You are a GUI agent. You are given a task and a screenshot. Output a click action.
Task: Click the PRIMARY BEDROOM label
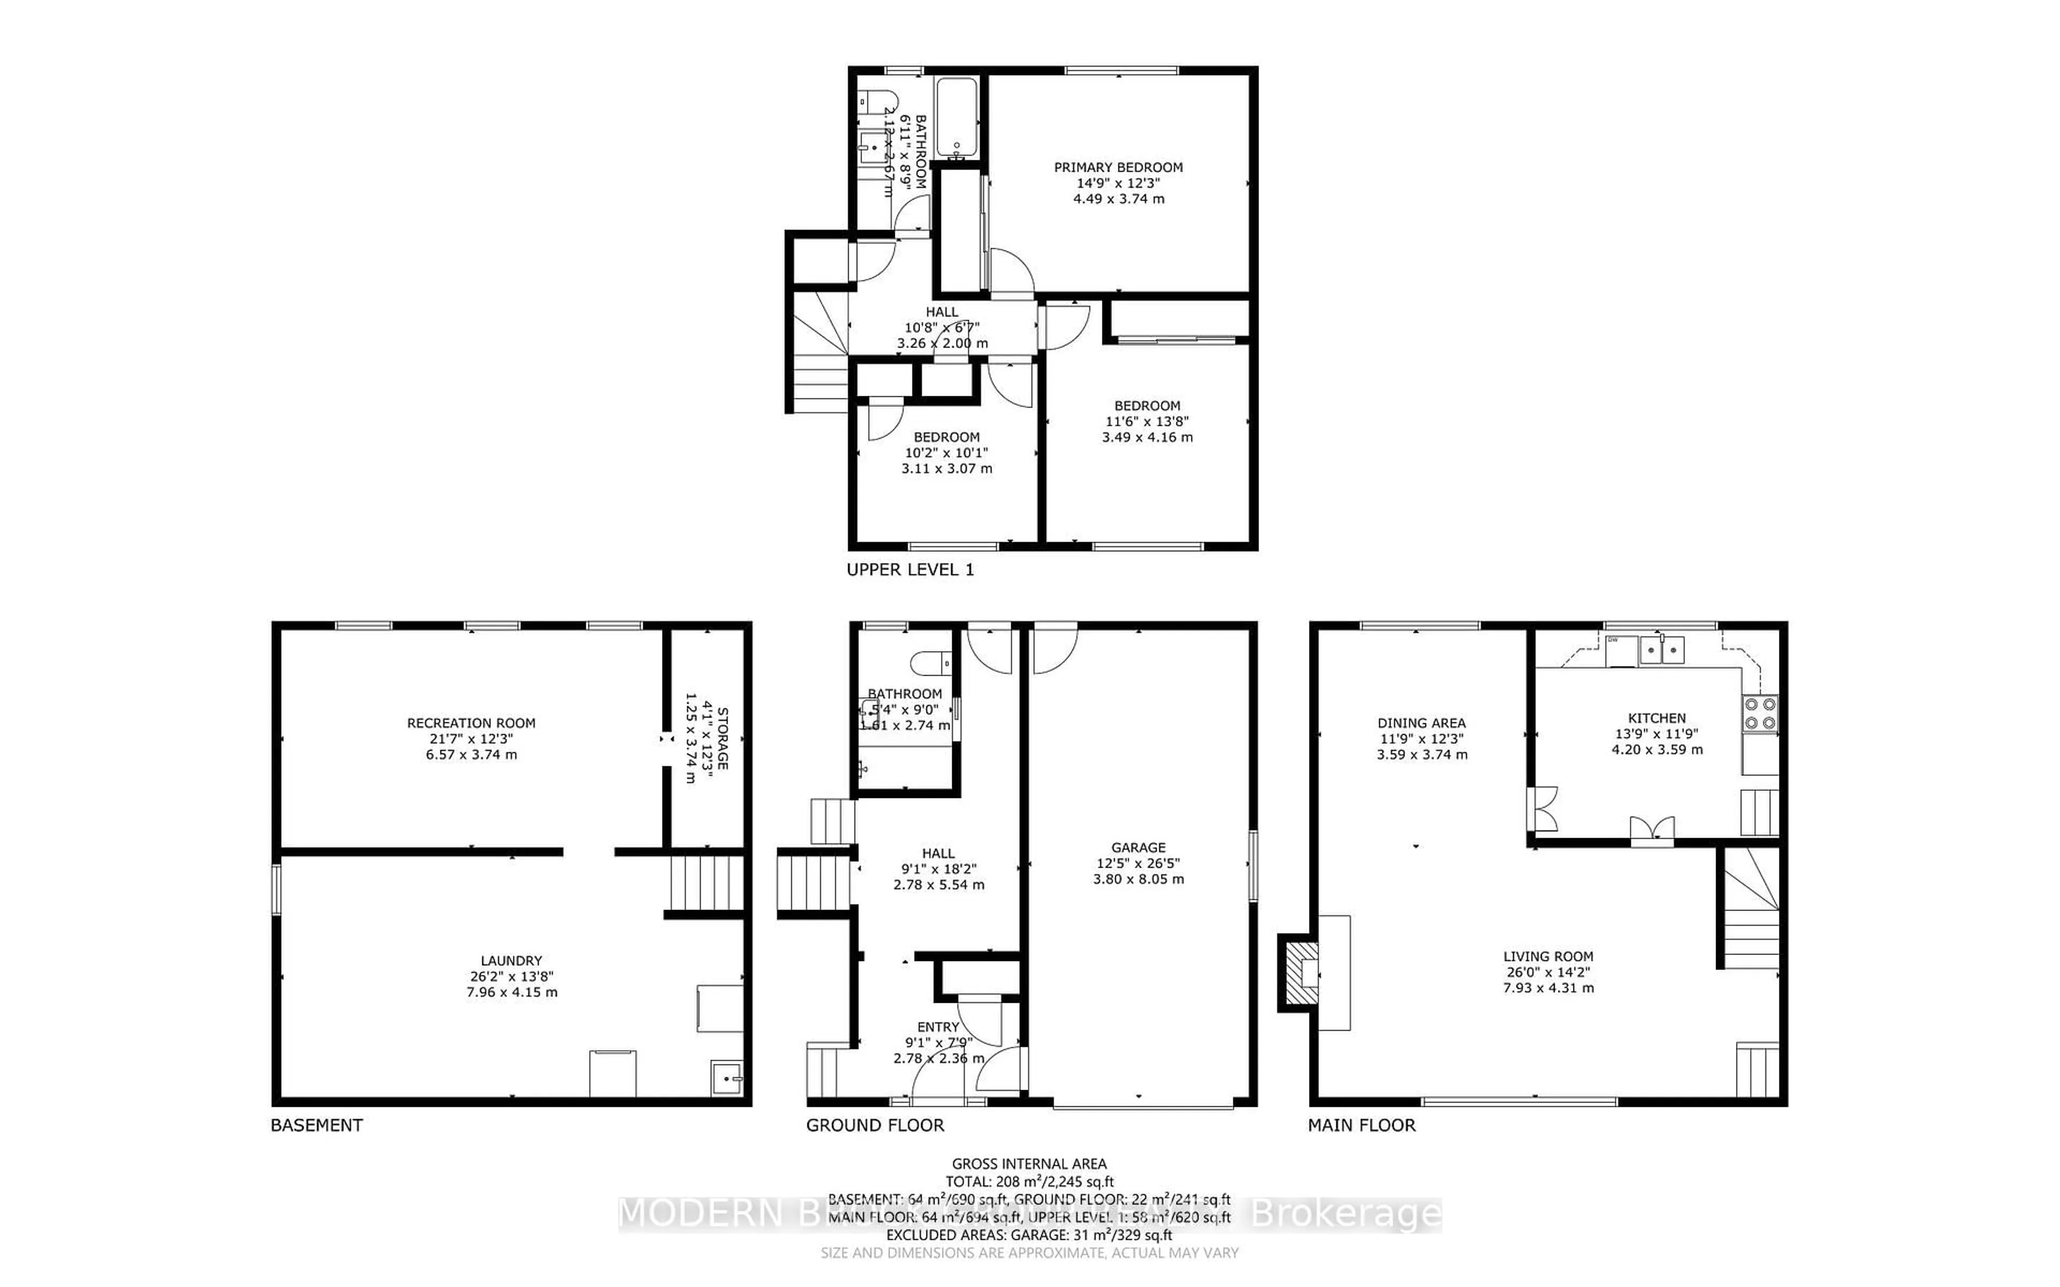click(x=1117, y=168)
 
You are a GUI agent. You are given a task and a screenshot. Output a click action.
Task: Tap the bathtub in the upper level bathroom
click(x=958, y=119)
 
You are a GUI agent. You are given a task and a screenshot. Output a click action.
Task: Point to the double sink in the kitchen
click(x=1661, y=651)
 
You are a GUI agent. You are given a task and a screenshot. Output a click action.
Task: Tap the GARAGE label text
click(x=1138, y=848)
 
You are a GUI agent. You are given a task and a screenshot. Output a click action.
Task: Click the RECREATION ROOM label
click(x=470, y=723)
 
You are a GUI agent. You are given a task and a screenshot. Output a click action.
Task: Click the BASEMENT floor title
click(x=317, y=1125)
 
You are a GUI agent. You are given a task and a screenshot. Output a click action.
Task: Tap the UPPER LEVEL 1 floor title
click(x=910, y=569)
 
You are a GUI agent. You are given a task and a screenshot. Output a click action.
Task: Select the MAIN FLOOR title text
click(x=1361, y=1125)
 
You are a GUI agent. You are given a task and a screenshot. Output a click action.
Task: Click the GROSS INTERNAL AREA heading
click(x=1029, y=1164)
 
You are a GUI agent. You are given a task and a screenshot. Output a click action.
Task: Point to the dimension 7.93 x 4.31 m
click(x=1548, y=988)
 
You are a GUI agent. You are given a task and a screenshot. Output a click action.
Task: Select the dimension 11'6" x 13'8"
click(x=1146, y=421)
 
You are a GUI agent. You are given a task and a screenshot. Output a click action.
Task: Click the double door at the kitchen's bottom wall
click(x=1651, y=829)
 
